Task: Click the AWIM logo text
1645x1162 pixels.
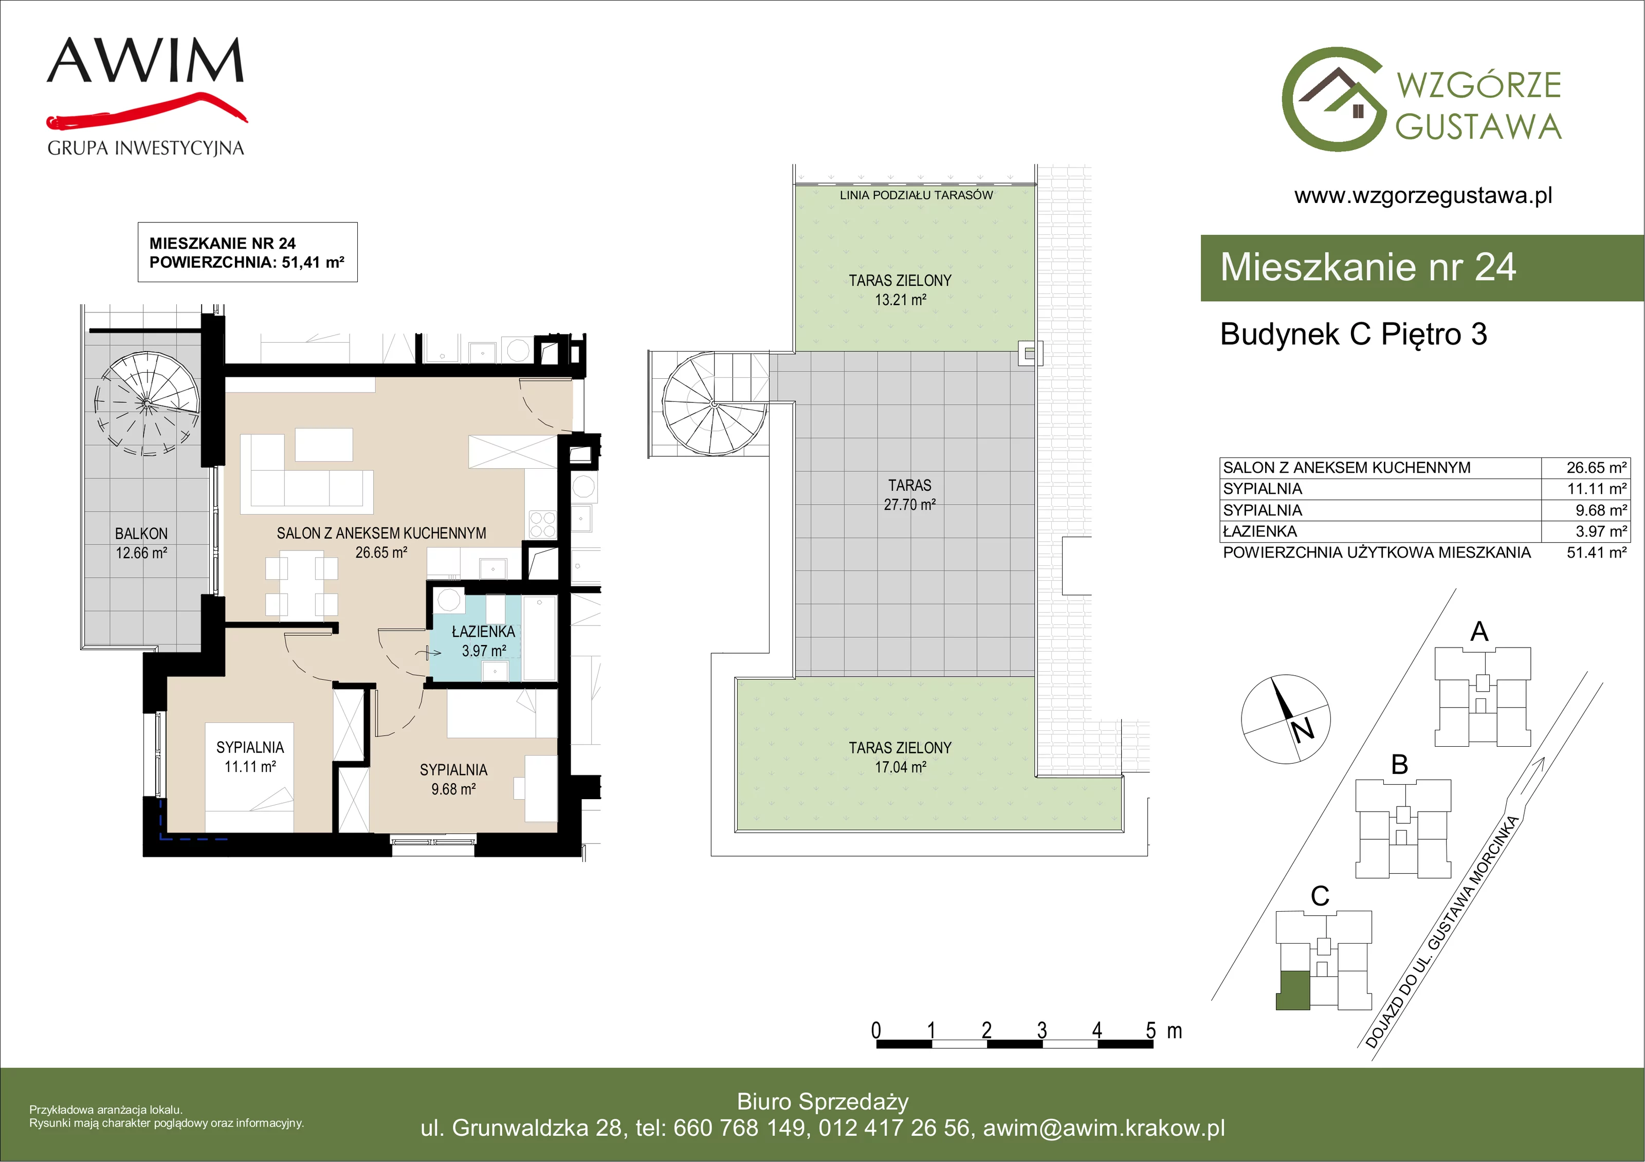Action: tap(145, 61)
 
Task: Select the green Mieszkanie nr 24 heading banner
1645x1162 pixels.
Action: tap(1422, 267)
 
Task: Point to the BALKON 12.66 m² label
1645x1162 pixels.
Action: tap(142, 543)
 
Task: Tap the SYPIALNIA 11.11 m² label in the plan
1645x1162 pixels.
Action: tap(250, 757)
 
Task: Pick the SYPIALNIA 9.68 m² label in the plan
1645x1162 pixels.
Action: tap(453, 780)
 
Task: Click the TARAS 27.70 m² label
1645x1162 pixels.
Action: tap(910, 495)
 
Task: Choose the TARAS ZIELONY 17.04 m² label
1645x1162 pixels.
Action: tap(901, 757)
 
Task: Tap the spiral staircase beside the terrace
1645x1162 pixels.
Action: tap(715, 404)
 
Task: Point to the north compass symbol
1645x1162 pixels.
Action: tap(1286, 718)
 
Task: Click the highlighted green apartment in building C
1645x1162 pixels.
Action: tap(1294, 991)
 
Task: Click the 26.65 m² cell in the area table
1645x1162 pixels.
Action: tap(1596, 468)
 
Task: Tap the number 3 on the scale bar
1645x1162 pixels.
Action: tap(1041, 1030)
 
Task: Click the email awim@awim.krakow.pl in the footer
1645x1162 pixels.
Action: tap(1104, 1128)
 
